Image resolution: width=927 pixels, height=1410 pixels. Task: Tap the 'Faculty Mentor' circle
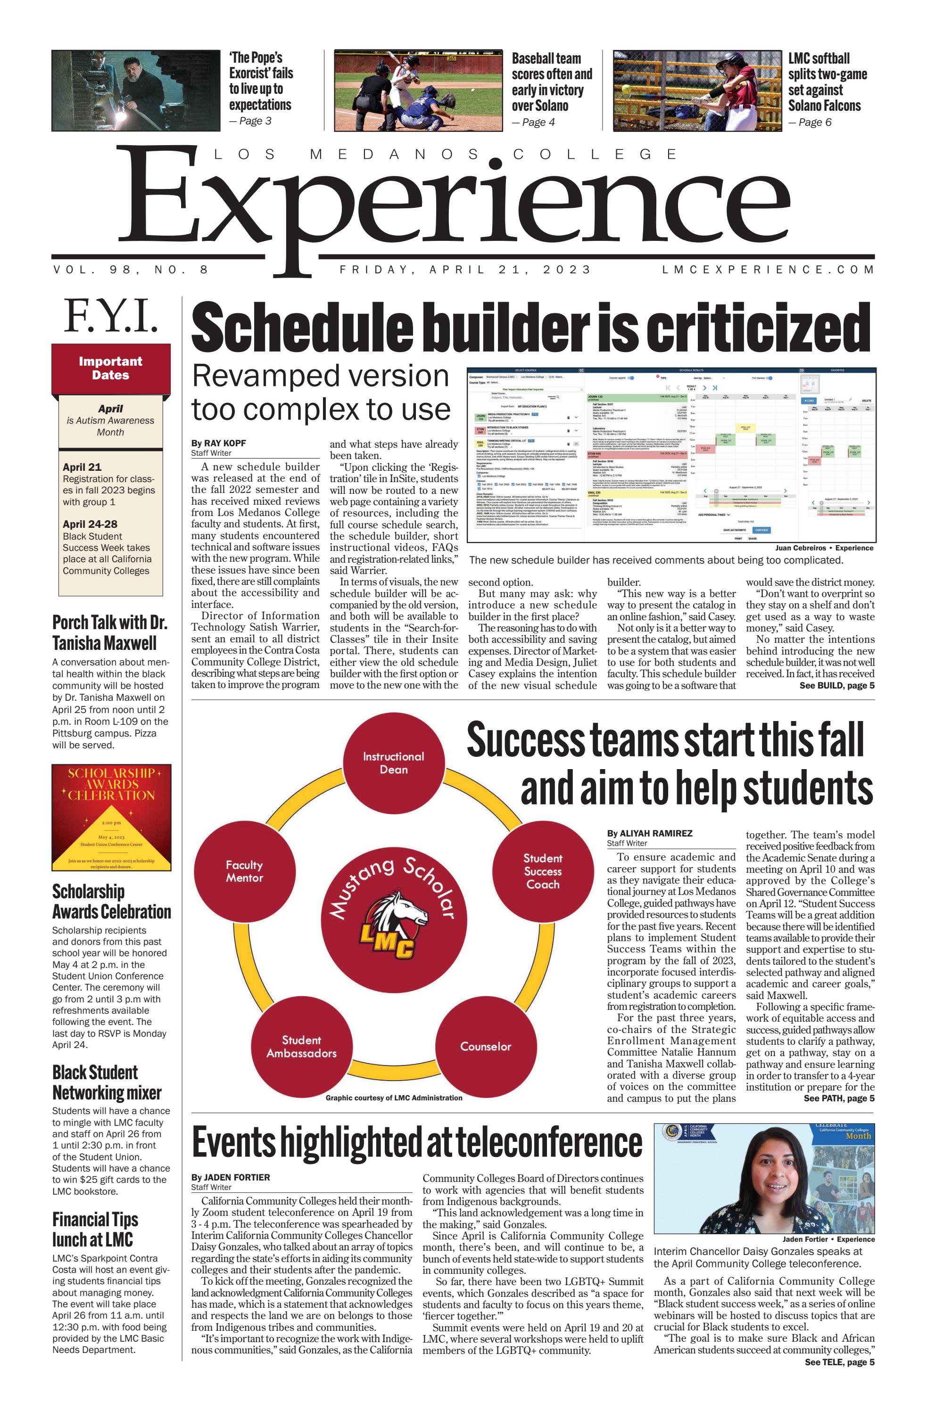point(244,871)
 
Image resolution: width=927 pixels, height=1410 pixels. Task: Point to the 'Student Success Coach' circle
point(542,871)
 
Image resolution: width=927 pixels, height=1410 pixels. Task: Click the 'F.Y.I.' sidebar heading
point(111,316)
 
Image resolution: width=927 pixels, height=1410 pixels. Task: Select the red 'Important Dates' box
point(111,368)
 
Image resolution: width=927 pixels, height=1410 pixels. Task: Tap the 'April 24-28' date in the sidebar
point(90,525)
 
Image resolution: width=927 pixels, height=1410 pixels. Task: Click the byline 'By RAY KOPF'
point(218,443)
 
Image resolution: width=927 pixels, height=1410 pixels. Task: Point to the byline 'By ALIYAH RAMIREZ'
point(649,833)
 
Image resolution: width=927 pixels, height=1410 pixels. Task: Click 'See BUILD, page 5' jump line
point(836,686)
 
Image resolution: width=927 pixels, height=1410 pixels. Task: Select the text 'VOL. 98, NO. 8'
point(131,270)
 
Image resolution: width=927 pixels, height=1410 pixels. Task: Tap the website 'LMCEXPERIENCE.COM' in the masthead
point(768,270)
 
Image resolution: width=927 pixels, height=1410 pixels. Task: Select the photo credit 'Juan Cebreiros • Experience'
point(823,548)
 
